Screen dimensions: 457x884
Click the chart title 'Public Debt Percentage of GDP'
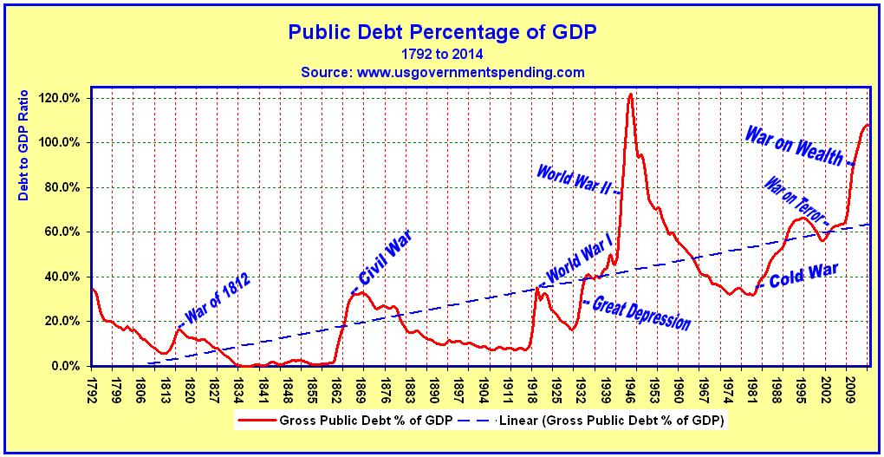[442, 32]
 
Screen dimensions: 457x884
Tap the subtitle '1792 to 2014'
[442, 54]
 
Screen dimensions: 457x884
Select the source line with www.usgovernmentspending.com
[442, 72]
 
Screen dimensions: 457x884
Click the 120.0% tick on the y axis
[61, 98]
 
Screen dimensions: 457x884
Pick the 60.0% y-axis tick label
[62, 232]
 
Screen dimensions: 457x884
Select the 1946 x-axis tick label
[633, 386]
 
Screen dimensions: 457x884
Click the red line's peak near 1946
[630, 94]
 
